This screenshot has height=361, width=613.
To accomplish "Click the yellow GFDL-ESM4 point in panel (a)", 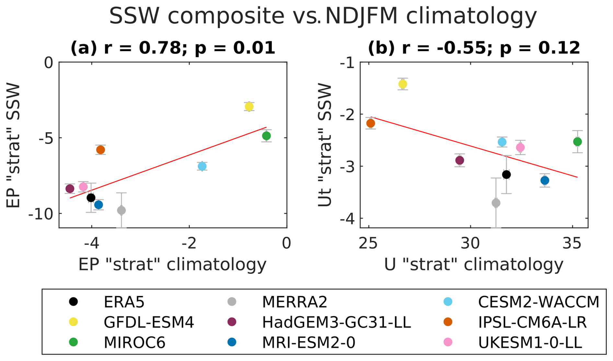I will point(249,106).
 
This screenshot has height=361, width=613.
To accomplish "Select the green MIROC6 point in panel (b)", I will point(577,142).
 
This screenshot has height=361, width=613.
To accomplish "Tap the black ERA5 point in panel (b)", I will point(506,175).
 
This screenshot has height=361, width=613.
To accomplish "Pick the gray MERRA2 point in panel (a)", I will point(121,211).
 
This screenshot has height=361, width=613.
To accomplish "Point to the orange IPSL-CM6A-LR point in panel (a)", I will point(100,150).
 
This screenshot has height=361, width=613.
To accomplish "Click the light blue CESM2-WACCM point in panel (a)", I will point(202,166).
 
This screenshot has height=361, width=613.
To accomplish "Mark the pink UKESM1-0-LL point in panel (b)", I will point(520,148).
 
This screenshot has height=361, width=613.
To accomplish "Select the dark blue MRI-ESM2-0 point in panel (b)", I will point(545,180).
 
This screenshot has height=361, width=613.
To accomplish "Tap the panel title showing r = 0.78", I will point(173,48).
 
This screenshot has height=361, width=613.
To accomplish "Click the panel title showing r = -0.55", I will point(474,48).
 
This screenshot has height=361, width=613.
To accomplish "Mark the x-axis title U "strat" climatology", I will point(474,264).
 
